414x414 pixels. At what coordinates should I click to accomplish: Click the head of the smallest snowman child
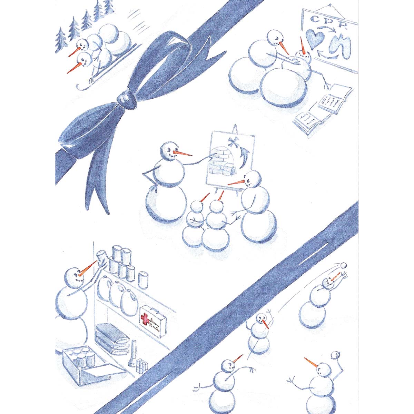[x=196, y=207]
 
